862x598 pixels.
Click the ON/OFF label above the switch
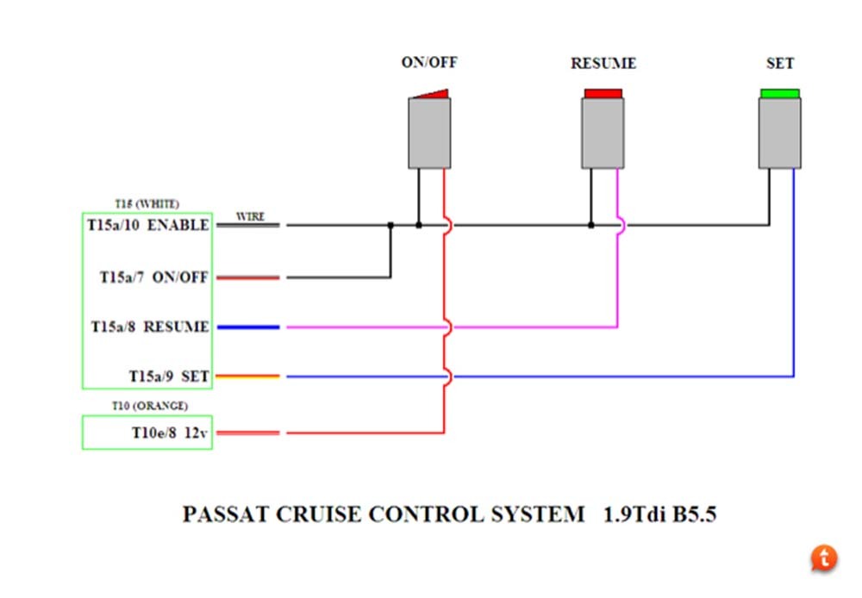(x=429, y=62)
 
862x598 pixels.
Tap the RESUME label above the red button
(x=603, y=63)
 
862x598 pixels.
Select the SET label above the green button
(x=780, y=63)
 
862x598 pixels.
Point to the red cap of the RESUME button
(x=603, y=93)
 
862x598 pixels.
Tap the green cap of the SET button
(x=780, y=93)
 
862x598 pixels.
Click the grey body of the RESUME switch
(x=603, y=134)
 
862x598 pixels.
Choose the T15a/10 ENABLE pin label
(x=148, y=225)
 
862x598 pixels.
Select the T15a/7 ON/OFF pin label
(x=154, y=277)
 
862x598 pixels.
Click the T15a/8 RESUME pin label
(x=150, y=327)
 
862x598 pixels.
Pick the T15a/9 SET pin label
(x=169, y=377)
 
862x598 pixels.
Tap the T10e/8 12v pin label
(x=169, y=433)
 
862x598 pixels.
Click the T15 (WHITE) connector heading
(x=147, y=204)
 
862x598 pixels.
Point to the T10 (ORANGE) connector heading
(x=150, y=406)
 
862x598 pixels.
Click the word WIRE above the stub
(x=251, y=216)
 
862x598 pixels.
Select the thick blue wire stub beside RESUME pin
(x=248, y=327)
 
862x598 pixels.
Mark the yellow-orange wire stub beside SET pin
(x=248, y=377)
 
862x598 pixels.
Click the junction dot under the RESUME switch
(x=591, y=225)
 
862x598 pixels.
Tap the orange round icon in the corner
(x=824, y=558)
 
